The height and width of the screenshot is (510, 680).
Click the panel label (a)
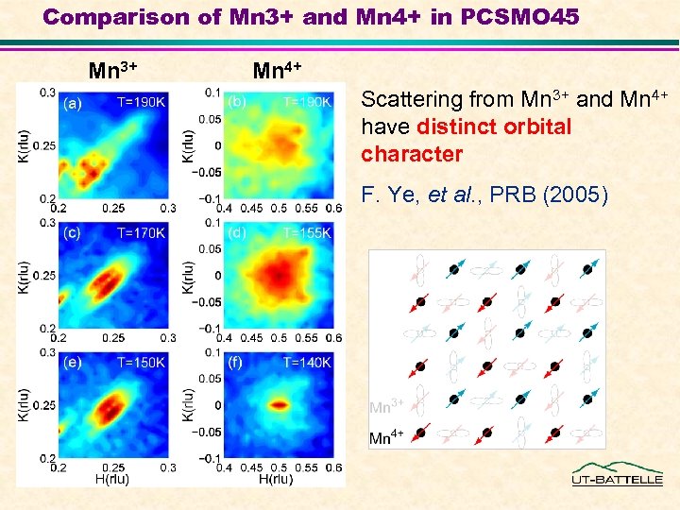[72, 104]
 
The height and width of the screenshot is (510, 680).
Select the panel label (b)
[237, 101]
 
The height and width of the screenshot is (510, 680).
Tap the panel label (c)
[72, 232]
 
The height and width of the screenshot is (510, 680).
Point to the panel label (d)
[237, 232]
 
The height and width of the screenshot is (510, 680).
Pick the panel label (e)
[72, 362]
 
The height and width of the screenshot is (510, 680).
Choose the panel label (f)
[236, 362]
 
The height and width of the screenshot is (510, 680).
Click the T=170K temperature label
[141, 232]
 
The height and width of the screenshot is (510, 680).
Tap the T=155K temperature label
[307, 232]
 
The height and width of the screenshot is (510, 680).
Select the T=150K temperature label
[141, 362]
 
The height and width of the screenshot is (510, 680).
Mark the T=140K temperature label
[307, 362]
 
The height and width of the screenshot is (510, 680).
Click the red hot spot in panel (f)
[280, 404]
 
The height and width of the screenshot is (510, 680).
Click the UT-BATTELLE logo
[617, 474]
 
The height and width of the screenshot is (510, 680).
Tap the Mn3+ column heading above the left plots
[113, 70]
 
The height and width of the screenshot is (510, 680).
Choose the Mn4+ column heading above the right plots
[278, 70]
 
